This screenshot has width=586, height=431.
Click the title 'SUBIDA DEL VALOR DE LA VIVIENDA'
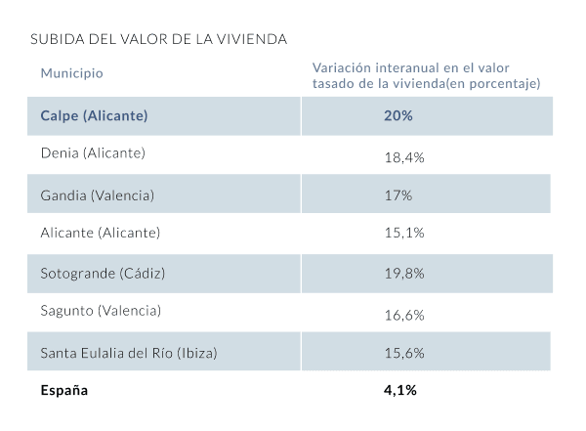coord(158,40)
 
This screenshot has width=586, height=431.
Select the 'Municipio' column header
coord(71,73)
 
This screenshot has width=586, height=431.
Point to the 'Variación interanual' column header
coord(426,75)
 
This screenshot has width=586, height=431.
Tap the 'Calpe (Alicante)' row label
coord(94,116)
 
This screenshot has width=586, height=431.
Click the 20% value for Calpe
coord(398,116)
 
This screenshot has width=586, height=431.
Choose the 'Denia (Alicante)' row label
coord(93,154)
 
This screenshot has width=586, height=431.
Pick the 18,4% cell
coord(403,156)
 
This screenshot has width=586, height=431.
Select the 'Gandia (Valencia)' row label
coord(97,194)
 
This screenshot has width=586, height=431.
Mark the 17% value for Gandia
coord(398,195)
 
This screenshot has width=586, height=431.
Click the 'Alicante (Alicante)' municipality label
coord(100,233)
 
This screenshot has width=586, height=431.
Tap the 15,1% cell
coord(403,235)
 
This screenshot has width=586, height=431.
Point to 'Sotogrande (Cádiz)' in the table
coord(103,273)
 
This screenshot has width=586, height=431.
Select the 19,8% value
coord(403,274)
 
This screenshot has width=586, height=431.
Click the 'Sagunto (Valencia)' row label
coord(101,311)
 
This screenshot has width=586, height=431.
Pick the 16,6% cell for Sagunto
coord(403,313)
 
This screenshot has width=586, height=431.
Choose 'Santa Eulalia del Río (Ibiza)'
coord(128,352)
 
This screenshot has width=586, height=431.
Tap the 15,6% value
coord(403,352)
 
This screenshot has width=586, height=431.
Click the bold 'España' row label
coord(64,391)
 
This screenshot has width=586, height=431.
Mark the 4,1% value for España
coord(400,391)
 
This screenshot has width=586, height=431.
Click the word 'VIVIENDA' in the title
coord(255,40)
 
